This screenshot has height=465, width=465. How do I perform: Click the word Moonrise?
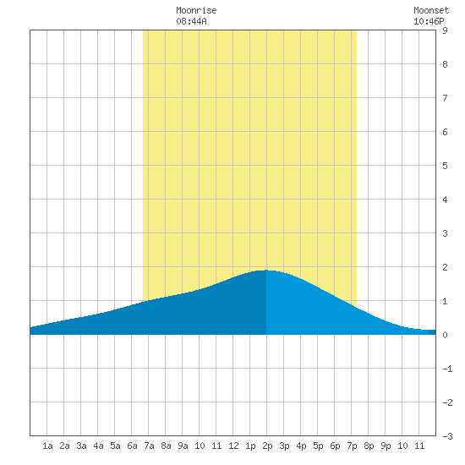pos(196,10)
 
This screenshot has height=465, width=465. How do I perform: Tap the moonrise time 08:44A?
pos(191,21)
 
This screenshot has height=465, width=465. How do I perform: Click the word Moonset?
pos(431,10)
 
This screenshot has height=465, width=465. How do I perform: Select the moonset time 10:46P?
pos(429,21)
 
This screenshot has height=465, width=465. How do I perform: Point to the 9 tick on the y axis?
pos(445,30)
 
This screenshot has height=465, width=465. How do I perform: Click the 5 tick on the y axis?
pos(445,166)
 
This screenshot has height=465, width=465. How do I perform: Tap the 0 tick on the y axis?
pos(445,335)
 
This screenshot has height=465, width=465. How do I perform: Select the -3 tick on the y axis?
pos(447,436)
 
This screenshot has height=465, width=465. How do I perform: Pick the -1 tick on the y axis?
pos(447,369)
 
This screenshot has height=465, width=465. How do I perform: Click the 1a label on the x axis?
pos(47,446)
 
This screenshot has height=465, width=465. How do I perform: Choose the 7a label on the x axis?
pos(149,446)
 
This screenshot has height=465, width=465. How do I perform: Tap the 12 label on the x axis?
pos(233,446)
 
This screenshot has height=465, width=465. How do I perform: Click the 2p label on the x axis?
pos(267,446)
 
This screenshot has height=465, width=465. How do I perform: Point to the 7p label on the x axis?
pos(352,446)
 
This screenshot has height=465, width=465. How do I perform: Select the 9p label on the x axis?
pos(386,446)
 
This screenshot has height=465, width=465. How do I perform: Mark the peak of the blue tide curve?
pos(266,271)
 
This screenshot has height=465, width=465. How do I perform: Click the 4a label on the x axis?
pos(98,446)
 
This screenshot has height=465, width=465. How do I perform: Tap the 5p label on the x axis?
pos(318,446)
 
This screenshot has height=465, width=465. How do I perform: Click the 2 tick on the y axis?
pos(445,267)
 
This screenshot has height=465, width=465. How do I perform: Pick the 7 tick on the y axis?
pos(445,98)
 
